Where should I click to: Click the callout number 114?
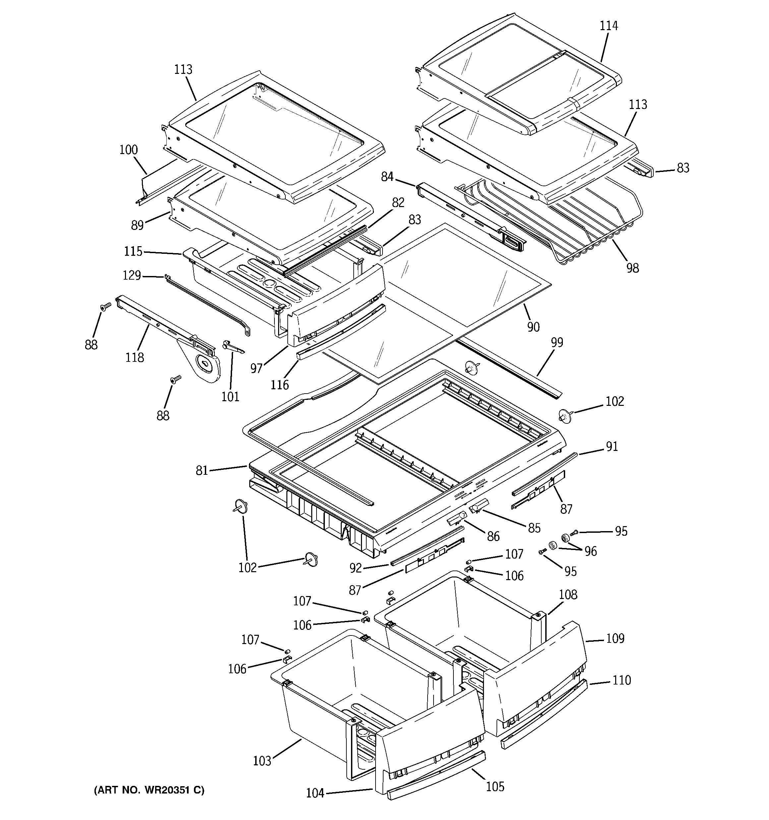[609, 26]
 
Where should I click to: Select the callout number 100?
[128, 150]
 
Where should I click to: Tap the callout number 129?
[132, 275]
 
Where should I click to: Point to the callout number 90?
[533, 327]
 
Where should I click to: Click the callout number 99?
[557, 342]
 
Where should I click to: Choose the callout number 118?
[135, 357]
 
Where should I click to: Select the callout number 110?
[621, 680]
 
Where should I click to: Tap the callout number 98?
[632, 268]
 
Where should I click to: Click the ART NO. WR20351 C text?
[149, 790]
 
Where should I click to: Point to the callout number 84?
[387, 177]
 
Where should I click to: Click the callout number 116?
[279, 385]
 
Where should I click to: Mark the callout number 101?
[230, 397]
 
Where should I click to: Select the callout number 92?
[355, 569]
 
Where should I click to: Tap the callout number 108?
[568, 594]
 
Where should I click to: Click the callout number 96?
[591, 551]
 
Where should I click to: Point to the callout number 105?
[495, 787]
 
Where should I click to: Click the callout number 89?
[138, 225]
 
